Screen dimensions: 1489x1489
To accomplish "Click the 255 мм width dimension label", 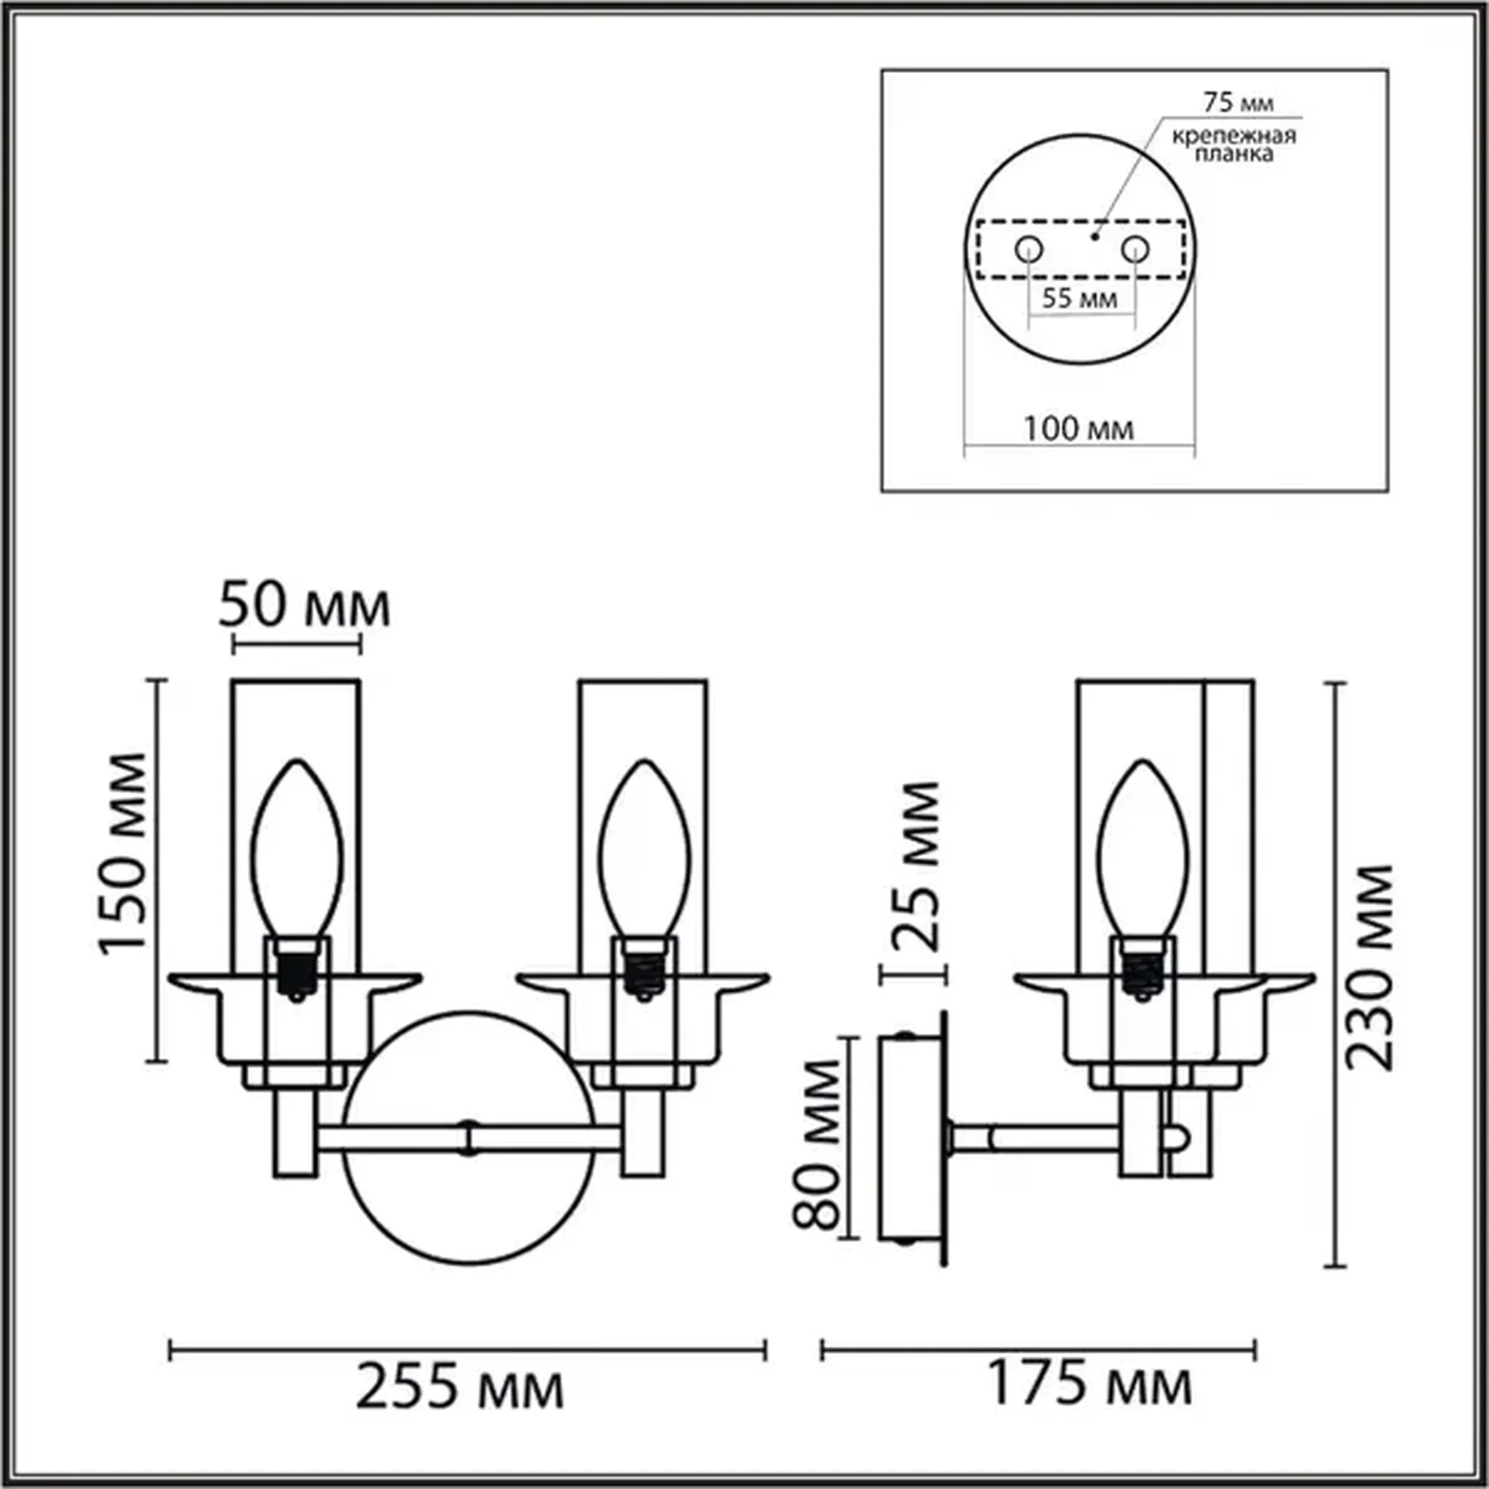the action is [460, 1386].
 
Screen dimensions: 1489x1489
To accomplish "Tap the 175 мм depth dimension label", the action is [1089, 1383].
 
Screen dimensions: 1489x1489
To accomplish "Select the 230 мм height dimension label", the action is [1369, 967].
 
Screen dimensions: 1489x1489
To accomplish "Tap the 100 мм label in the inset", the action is [1079, 429].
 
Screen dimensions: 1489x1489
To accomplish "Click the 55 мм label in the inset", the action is [1080, 298].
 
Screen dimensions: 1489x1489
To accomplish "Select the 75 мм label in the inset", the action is [1239, 102].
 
